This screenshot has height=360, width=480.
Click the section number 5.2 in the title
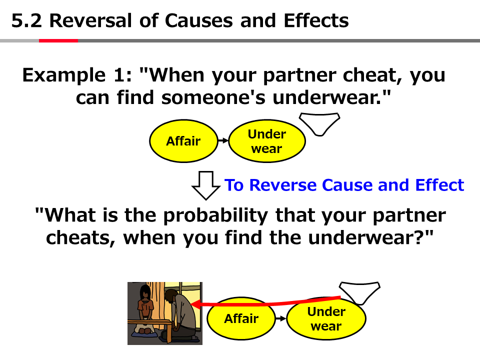(26, 20)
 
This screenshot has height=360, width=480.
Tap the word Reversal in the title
(90, 20)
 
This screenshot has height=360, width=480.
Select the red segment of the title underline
(58, 40)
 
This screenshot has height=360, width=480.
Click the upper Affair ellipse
(183, 141)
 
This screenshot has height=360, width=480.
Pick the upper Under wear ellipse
(267, 141)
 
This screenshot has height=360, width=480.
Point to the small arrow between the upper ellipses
(223, 140)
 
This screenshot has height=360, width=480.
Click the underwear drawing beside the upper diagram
(319, 124)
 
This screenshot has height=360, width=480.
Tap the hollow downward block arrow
(205, 185)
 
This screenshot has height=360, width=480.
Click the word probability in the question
(216, 215)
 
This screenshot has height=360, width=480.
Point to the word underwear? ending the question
(370, 237)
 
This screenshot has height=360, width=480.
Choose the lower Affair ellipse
(241, 318)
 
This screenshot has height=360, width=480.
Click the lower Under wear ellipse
(326, 318)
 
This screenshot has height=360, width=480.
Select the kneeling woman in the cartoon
(145, 309)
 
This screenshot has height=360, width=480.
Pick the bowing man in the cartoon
(180, 315)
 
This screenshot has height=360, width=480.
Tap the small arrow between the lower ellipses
(280, 318)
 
